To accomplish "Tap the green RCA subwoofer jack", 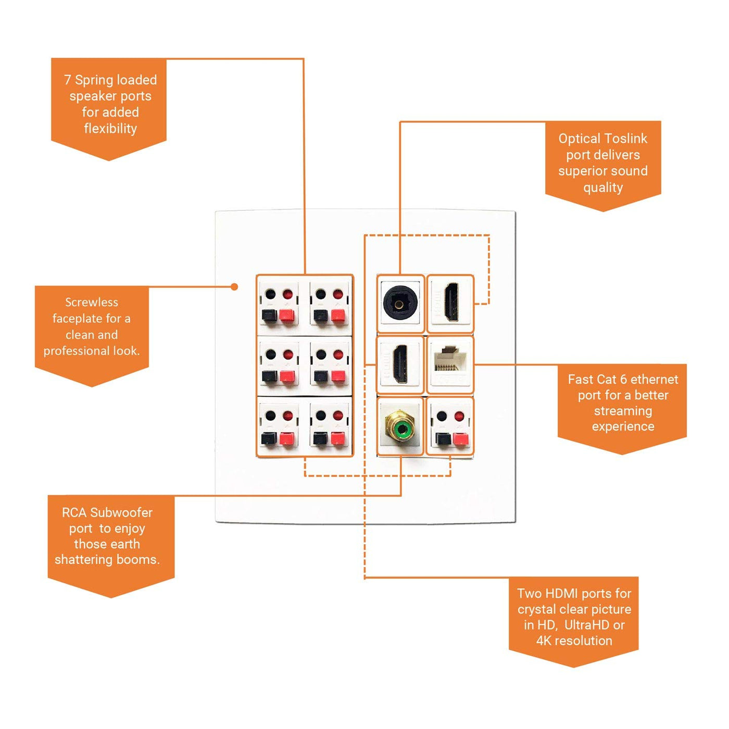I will pyautogui.click(x=400, y=429).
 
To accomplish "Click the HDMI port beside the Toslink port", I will pyautogui.click(x=451, y=302).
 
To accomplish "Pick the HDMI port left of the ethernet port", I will pyautogui.click(x=400, y=363).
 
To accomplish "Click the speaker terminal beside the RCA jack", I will pyautogui.click(x=450, y=427).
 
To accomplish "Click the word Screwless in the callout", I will pyautogui.click(x=92, y=302).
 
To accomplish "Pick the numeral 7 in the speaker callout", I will pyautogui.click(x=68, y=80).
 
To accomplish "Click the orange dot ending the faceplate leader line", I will pyautogui.click(x=234, y=287).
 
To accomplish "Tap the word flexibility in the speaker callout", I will pyautogui.click(x=110, y=129).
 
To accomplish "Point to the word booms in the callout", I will pyautogui.click(x=143, y=560).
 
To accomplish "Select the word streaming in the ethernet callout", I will pyautogui.click(x=623, y=411).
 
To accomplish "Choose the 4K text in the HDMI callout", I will pyautogui.click(x=544, y=641).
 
